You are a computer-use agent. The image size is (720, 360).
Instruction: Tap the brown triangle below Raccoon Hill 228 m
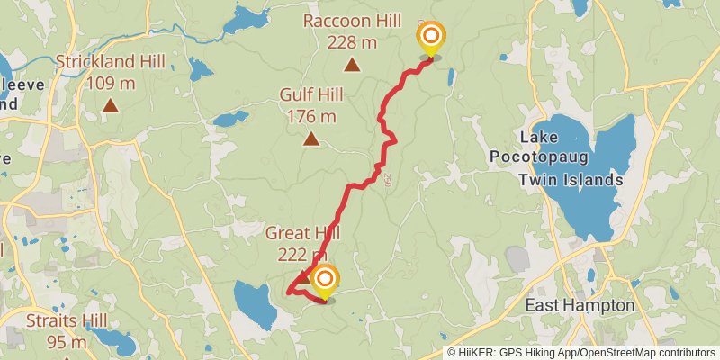click(352, 65)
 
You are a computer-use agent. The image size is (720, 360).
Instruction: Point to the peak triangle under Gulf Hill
click(311, 139)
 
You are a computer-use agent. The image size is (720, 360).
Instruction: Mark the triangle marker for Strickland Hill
click(110, 106)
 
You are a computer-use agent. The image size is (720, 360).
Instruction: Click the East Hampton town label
click(580, 306)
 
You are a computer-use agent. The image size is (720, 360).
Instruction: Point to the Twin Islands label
click(571, 180)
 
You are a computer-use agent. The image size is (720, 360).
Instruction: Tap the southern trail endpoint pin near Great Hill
click(324, 280)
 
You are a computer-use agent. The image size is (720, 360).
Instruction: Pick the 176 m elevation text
click(311, 116)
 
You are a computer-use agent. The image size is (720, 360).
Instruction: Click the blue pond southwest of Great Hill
click(256, 304)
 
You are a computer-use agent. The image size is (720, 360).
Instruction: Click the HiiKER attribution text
click(477, 352)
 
